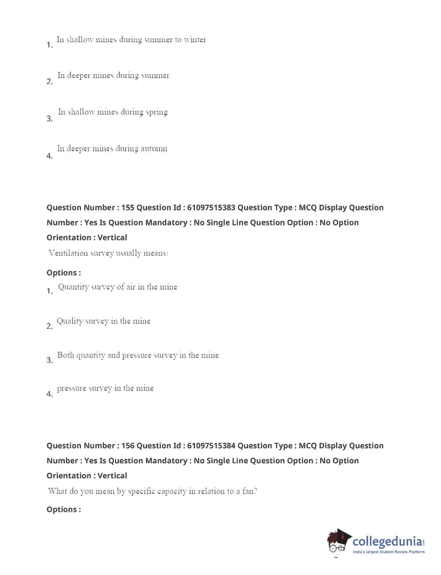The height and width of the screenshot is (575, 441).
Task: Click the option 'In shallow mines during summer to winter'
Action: point(131,40)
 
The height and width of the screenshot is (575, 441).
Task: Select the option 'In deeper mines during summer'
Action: point(113,75)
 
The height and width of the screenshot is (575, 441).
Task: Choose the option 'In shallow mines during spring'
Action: point(113,112)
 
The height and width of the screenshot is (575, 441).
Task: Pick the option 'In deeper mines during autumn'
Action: point(112,149)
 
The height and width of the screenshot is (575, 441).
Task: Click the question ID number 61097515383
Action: point(211,208)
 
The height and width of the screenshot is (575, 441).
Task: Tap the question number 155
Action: point(127,208)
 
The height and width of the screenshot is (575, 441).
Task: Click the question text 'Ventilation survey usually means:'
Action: point(108,253)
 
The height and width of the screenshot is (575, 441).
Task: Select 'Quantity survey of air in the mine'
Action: point(118,287)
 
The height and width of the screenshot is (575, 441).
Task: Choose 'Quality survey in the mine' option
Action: point(103,321)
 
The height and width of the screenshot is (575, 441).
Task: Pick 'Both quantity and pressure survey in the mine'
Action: point(138,355)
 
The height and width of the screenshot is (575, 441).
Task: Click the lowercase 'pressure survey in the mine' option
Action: point(105,388)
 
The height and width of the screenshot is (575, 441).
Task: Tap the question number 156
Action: point(127,446)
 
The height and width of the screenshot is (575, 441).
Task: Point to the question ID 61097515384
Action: point(211,446)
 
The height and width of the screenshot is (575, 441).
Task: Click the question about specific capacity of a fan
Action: point(152,491)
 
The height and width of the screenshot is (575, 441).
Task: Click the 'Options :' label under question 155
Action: point(64,273)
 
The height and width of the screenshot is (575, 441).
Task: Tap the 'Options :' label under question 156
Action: point(64,510)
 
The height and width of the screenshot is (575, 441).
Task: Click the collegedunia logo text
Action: point(388,541)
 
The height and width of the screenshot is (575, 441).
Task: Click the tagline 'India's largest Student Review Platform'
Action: point(389,552)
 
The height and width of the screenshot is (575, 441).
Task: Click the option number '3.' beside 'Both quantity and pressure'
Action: point(49,360)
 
